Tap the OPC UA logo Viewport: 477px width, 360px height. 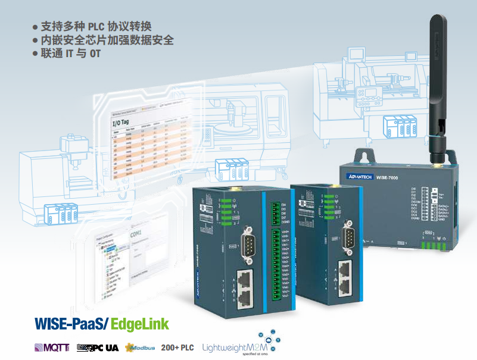coord(98,348)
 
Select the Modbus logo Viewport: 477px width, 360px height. coord(141,348)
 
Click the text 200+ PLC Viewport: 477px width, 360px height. coord(178,347)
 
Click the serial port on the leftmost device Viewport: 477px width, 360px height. coord(246,245)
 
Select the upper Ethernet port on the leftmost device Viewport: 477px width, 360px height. coord(244,277)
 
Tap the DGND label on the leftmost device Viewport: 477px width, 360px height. coord(284,222)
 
